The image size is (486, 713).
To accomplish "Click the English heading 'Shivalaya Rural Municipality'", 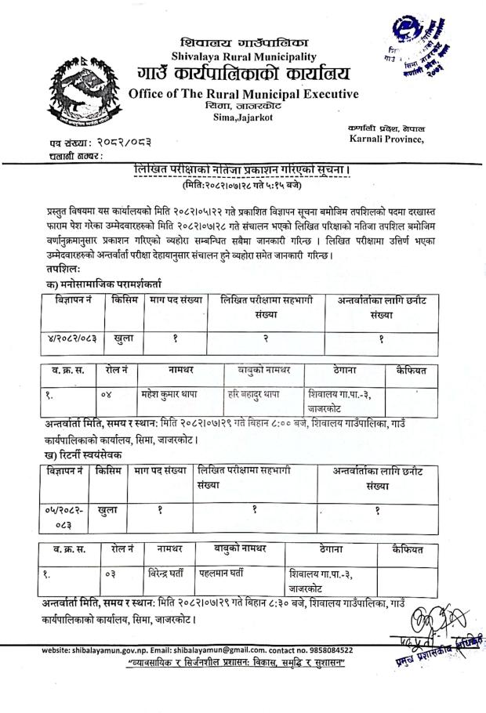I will click(243, 56).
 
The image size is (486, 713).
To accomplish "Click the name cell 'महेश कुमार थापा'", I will click(172, 394).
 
